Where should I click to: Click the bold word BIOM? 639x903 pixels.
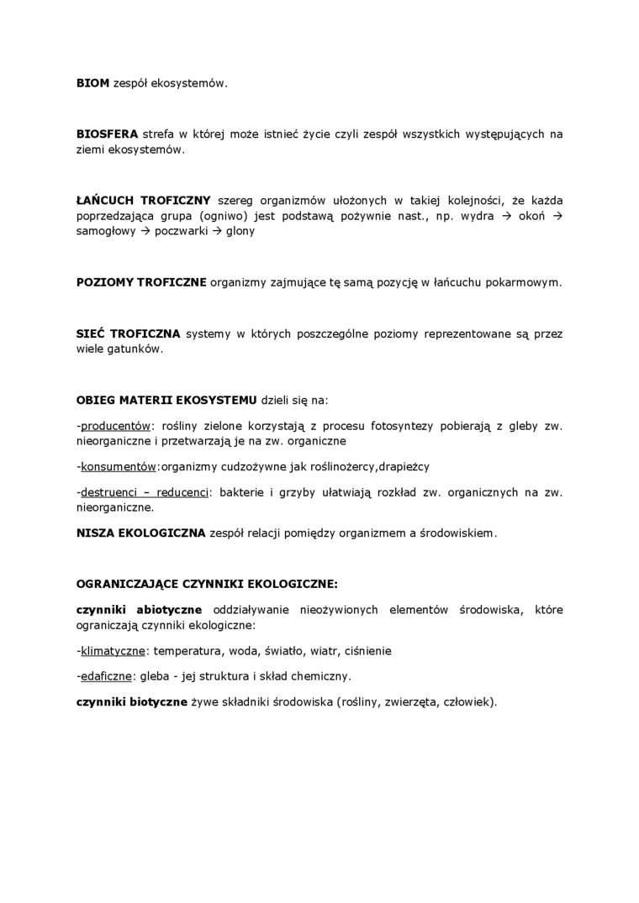(x=92, y=84)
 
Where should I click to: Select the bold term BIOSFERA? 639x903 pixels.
(x=107, y=134)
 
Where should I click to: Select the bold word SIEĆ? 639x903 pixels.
(x=92, y=333)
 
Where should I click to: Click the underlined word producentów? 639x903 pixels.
(x=115, y=425)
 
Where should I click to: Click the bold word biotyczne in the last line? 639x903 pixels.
(x=157, y=701)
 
